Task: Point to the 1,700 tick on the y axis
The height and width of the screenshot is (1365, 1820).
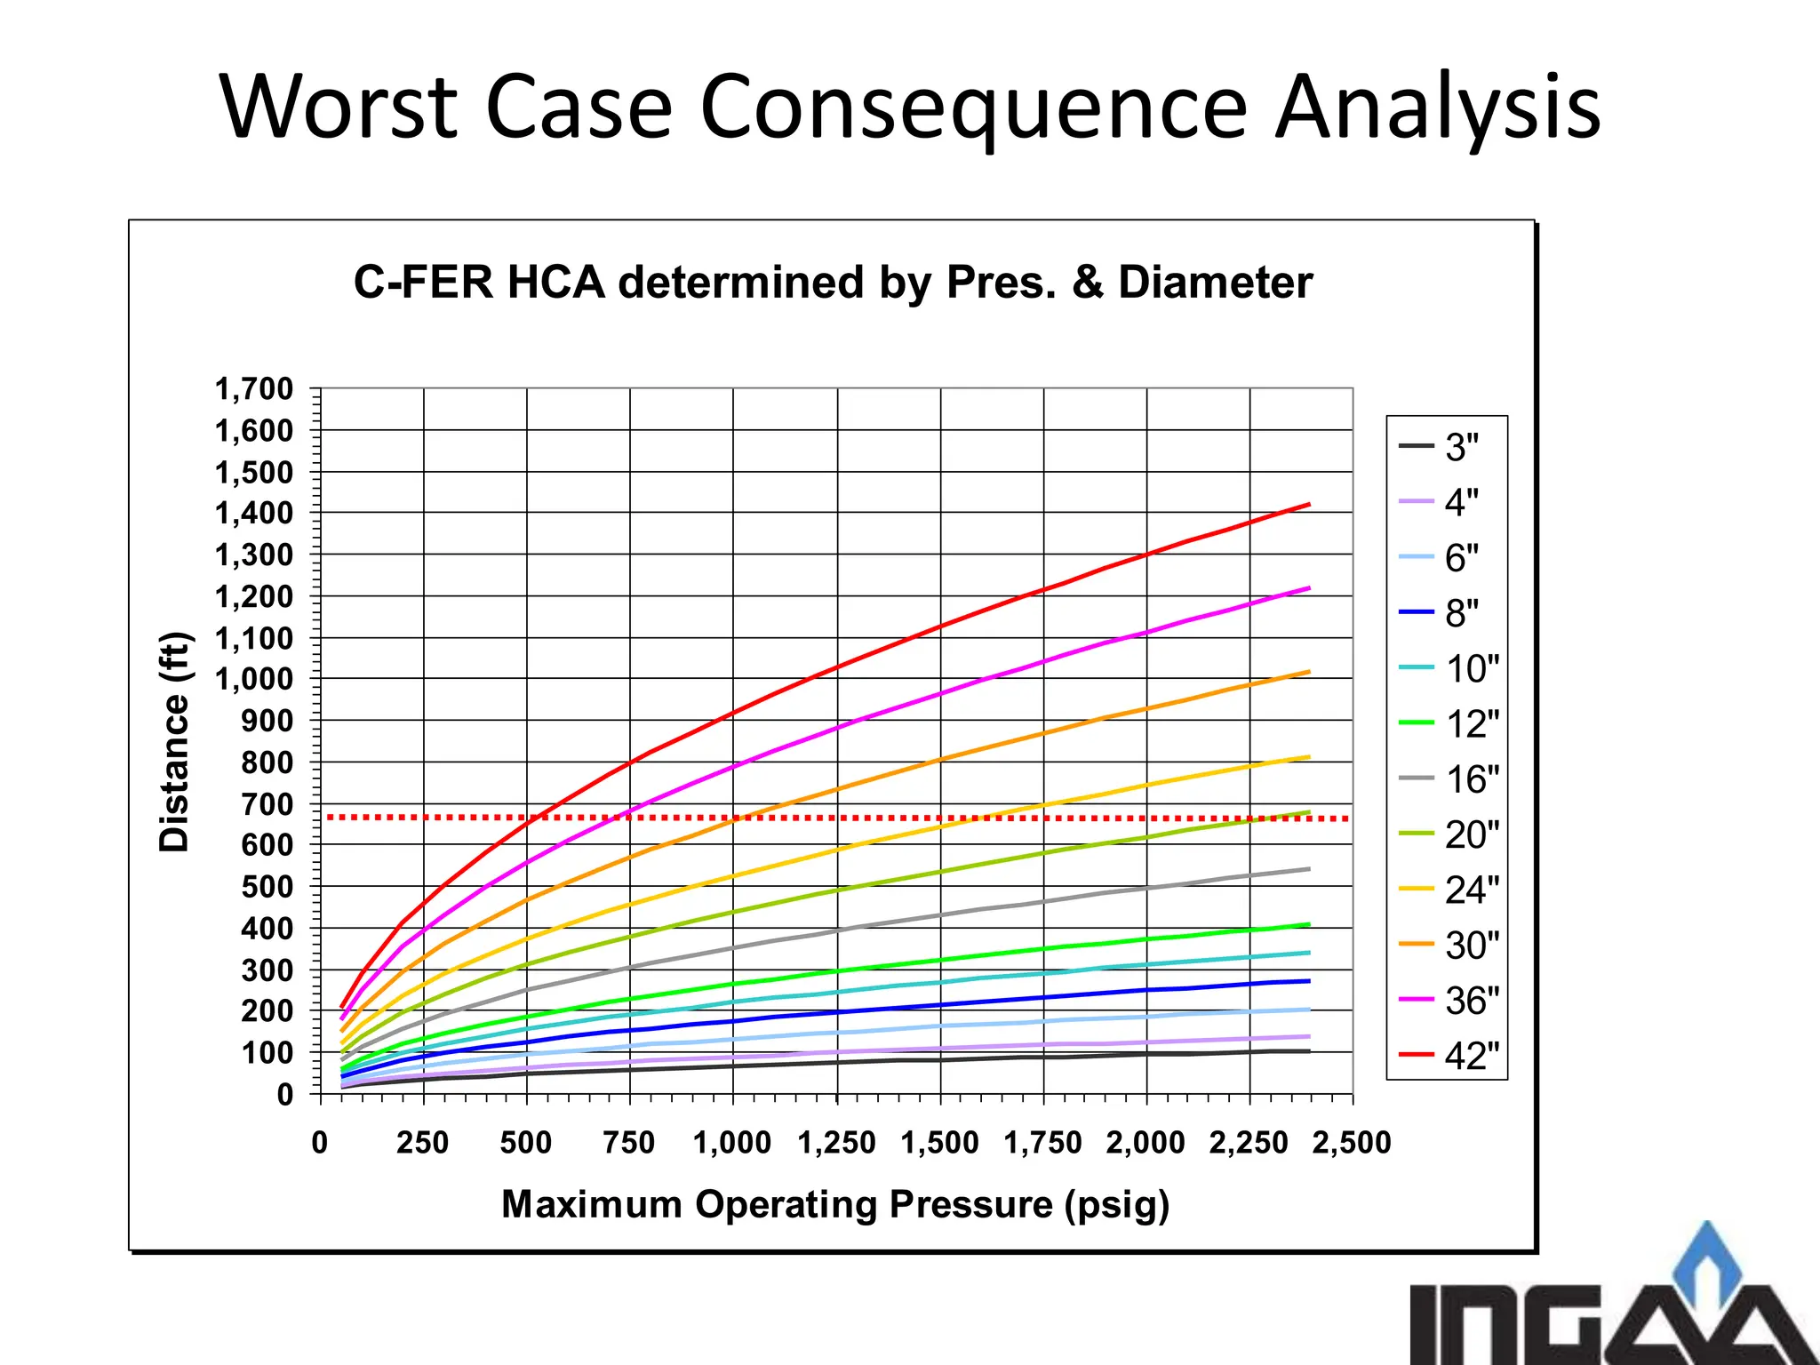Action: (x=254, y=389)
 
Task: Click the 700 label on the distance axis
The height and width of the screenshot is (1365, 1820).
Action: (x=267, y=804)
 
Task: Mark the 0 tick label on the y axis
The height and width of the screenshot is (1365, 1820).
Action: (x=284, y=1094)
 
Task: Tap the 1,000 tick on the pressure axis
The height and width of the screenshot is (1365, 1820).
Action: (x=732, y=1143)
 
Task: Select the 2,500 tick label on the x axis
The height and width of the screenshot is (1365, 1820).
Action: (x=1352, y=1143)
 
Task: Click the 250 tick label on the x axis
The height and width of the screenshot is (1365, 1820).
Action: (x=423, y=1143)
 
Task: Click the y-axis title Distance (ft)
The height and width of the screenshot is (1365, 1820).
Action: (x=174, y=741)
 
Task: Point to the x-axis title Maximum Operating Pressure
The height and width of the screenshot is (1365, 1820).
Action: (x=835, y=1205)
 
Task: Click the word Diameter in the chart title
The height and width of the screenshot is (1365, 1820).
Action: (x=1215, y=283)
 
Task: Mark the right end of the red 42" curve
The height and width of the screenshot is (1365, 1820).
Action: (x=1308, y=505)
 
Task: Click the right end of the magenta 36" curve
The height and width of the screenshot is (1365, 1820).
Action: (x=1308, y=588)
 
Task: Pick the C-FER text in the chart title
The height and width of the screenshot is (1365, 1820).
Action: (x=423, y=283)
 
